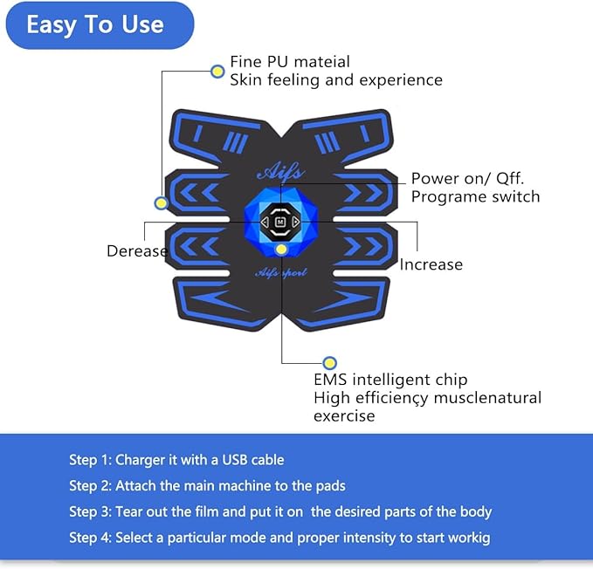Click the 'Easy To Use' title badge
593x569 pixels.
tap(95, 24)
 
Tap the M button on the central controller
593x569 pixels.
tap(280, 223)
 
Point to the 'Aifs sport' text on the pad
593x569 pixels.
tap(281, 272)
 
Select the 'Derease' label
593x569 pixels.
tap(136, 251)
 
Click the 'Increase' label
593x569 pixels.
tap(431, 264)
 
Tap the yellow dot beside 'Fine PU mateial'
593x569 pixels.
tap(217, 71)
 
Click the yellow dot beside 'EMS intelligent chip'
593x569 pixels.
tap(329, 362)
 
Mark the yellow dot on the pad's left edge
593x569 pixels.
tap(161, 203)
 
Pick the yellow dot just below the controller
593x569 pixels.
tap(281, 250)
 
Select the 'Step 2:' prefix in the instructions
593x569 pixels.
tap(90, 485)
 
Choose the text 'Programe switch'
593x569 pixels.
tap(475, 196)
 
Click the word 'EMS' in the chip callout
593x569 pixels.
tap(330, 380)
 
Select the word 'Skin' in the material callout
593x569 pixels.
tap(247, 80)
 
